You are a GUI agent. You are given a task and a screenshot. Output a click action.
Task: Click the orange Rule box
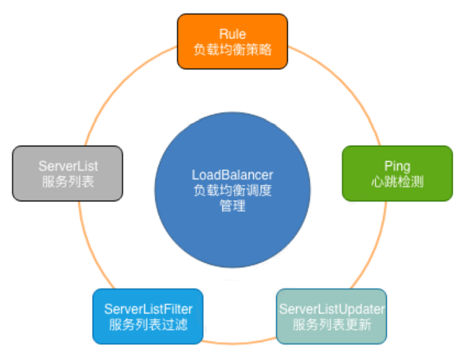[x=232, y=42]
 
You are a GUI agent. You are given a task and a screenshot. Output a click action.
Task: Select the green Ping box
[x=397, y=173]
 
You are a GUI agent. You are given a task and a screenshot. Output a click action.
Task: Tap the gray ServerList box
[x=68, y=173]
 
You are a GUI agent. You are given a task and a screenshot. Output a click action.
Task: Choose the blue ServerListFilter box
[x=148, y=316]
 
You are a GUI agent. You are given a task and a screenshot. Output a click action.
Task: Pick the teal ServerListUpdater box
[x=332, y=316]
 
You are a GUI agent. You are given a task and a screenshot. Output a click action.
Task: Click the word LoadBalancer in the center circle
[x=232, y=175]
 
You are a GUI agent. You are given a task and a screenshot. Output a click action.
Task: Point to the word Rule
[x=232, y=34]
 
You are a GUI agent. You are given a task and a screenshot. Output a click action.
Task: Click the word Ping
[x=397, y=166]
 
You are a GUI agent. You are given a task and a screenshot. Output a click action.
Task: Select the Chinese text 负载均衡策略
[x=232, y=49]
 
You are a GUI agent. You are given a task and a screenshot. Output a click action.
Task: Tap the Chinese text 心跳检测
[x=397, y=182]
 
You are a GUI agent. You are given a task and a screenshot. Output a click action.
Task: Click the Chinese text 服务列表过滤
[x=148, y=324]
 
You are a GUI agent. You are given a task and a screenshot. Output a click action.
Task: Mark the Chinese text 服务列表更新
[x=332, y=324]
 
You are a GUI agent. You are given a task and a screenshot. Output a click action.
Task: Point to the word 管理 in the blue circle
[x=232, y=206]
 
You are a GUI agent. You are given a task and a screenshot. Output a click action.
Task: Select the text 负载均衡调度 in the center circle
[x=232, y=191]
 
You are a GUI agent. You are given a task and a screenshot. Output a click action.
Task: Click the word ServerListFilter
[x=148, y=309]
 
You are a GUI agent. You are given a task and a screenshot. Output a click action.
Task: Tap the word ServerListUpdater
[x=332, y=309]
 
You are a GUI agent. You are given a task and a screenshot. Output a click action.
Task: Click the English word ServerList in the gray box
[x=68, y=166]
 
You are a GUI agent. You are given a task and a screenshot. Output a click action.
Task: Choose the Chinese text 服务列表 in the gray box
[x=68, y=182]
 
